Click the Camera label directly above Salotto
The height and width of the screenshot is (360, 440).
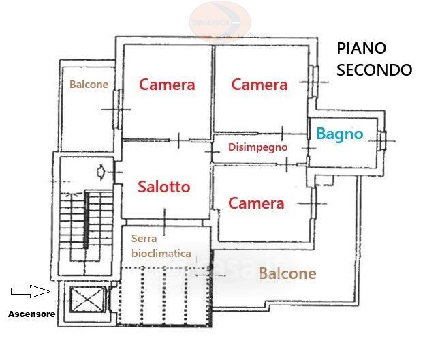point(167,85)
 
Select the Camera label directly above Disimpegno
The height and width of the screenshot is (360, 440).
point(259,85)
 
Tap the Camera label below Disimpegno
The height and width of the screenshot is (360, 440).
point(255,203)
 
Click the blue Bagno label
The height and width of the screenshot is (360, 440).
point(340,134)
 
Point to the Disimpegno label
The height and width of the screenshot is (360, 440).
point(257,147)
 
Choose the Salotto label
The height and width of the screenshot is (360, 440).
point(163,186)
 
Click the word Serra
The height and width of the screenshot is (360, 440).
point(144,239)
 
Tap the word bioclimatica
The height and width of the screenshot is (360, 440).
point(161,253)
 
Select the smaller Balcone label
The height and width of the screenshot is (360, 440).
point(89,85)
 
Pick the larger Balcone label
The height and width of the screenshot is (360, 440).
point(287,273)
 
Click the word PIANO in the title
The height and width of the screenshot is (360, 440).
point(362,48)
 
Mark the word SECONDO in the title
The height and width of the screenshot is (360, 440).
point(375,70)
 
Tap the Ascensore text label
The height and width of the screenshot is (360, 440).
point(31,314)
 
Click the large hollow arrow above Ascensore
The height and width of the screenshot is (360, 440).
point(31,291)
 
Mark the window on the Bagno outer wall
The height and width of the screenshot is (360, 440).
point(383,139)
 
